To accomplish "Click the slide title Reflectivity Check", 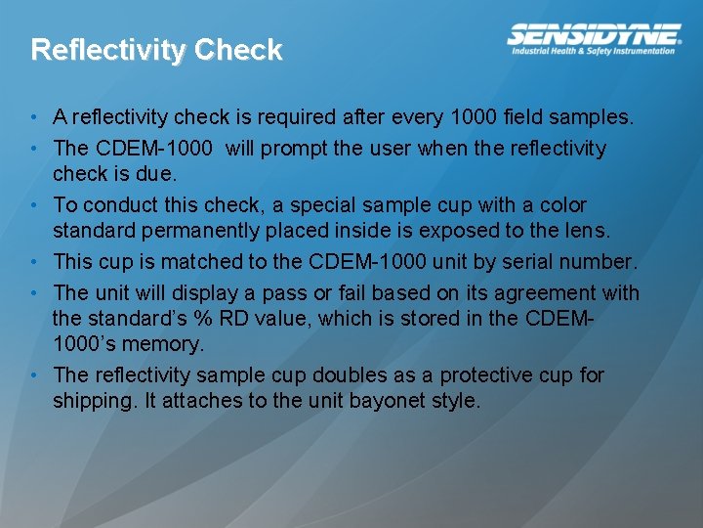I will tap(156, 50).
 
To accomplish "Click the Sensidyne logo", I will tap(594, 34).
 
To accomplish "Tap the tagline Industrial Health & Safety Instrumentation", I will tap(594, 51).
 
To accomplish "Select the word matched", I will tap(207, 262).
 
